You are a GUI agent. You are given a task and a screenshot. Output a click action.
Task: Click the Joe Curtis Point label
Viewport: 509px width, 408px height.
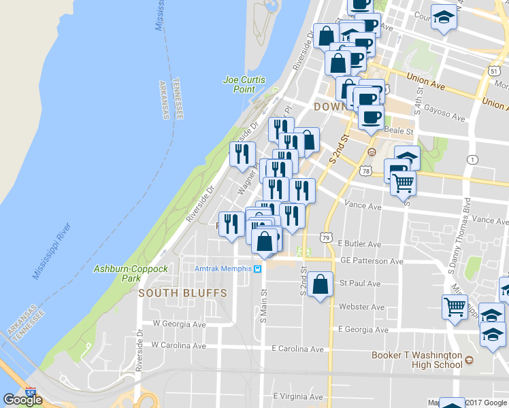239,84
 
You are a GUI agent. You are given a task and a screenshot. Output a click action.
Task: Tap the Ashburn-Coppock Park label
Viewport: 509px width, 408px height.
131,273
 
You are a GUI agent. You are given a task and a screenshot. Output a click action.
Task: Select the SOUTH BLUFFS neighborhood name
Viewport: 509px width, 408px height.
173,293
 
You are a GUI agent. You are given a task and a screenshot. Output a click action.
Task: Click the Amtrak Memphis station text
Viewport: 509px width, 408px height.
223,269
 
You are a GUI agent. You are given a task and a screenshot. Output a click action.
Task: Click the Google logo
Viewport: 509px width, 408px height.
23,400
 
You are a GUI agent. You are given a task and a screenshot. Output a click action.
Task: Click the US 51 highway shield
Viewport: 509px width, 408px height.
495,71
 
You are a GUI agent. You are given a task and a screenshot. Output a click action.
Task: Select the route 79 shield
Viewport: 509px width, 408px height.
327,237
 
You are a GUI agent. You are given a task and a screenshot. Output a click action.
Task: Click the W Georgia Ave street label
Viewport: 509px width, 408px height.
179,324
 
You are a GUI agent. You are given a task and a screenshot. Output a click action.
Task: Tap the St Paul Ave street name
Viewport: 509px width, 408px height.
360,284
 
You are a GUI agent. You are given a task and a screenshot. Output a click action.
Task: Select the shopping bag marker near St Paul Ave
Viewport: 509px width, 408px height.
320,285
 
